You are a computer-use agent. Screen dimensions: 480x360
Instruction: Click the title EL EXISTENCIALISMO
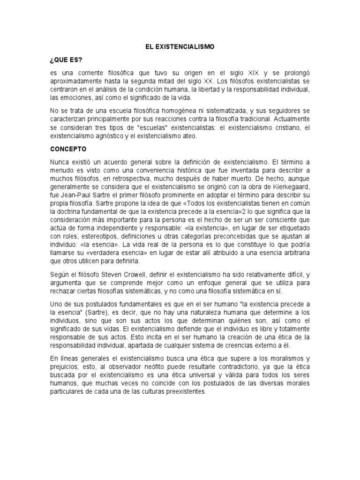pos(180,47)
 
